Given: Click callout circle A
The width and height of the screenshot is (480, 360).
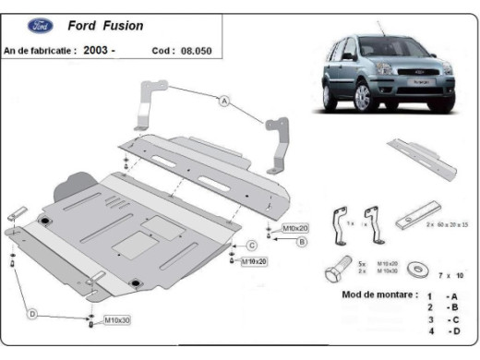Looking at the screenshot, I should click(224, 102).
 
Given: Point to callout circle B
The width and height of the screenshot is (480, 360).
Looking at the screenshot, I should click(301, 242).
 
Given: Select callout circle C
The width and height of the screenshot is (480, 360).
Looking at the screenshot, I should click(251, 245).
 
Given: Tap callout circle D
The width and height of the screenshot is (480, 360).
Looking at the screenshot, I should click(31, 315).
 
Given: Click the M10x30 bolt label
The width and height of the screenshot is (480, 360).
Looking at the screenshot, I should click(115, 319).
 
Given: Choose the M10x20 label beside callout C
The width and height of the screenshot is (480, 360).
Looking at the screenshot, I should click(254, 261).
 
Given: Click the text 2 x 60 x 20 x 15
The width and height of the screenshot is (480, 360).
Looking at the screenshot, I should click(447, 225).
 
